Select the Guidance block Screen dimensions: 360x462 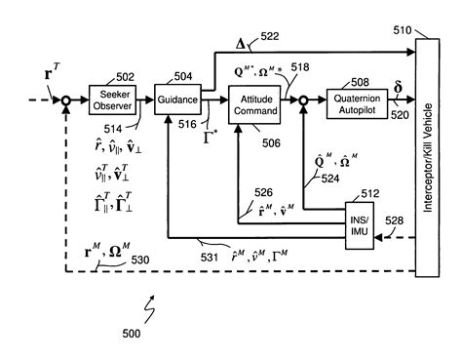[177, 100]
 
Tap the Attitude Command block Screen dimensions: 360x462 [253, 104]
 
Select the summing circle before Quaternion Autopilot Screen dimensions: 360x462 [304, 100]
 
